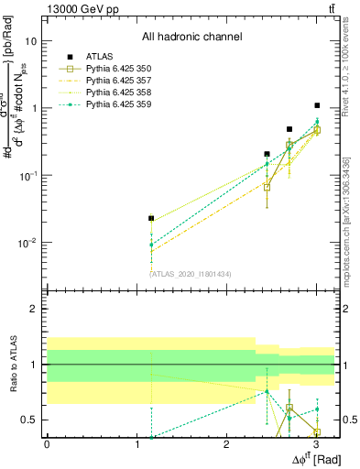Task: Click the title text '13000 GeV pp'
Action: (79, 8)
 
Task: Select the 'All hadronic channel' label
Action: (191, 38)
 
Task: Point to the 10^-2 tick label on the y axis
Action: (27, 243)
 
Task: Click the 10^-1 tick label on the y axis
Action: (27, 175)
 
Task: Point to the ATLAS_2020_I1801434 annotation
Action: (191, 273)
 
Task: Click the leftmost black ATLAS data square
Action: (151, 218)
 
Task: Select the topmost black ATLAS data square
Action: (317, 105)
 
